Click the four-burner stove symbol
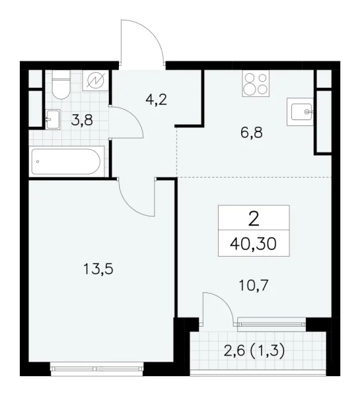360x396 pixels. click(256, 84)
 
